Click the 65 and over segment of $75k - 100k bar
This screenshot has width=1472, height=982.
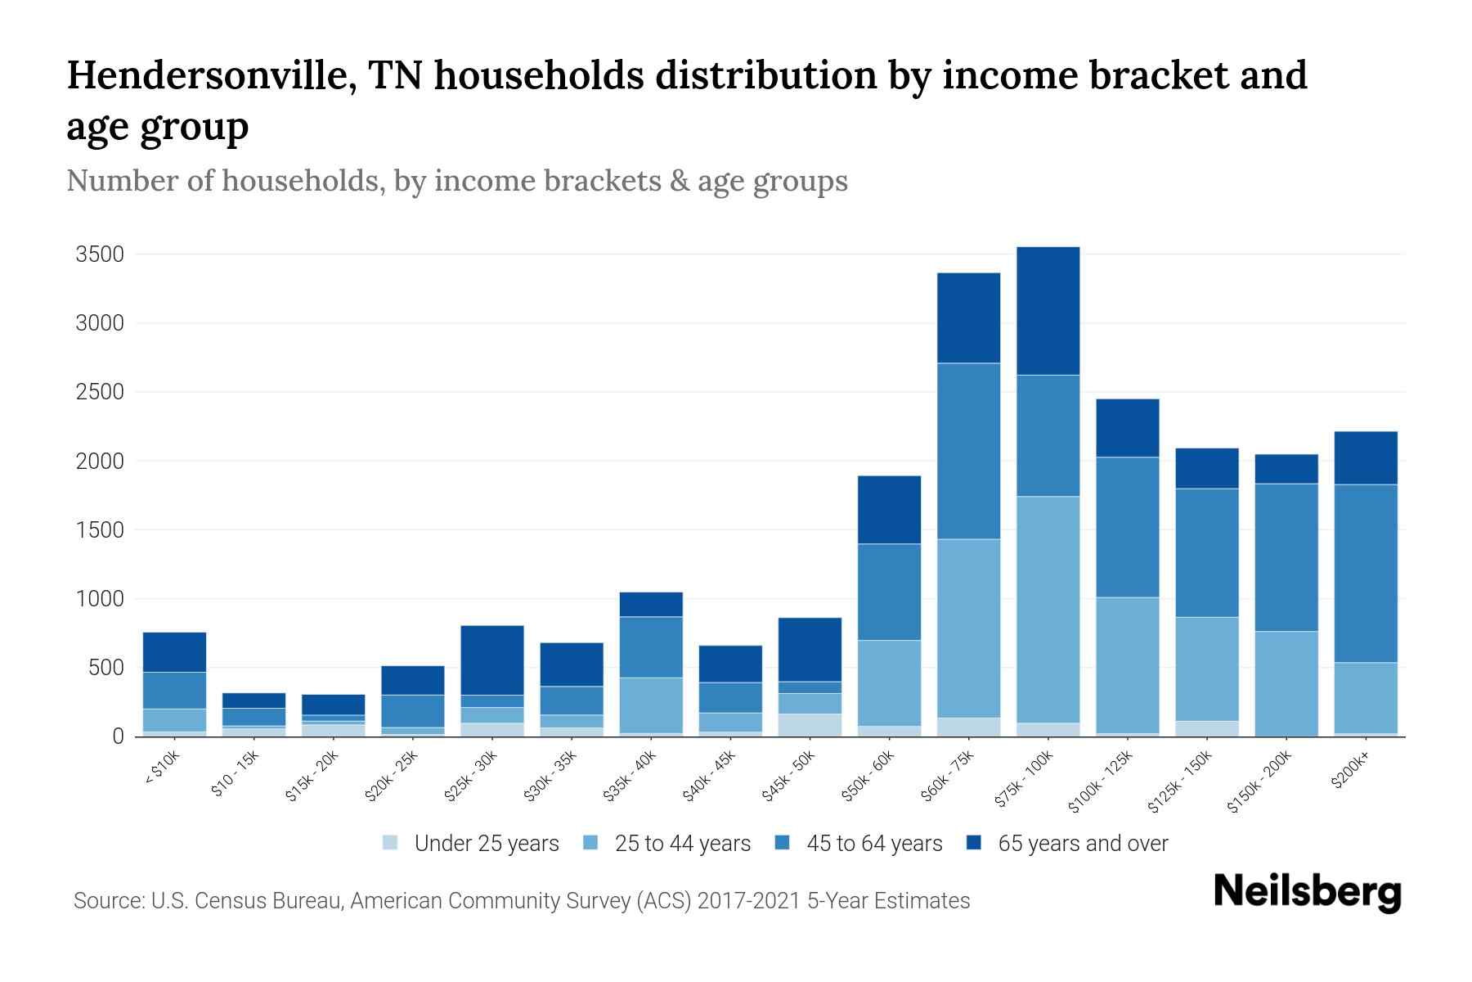tap(1048, 311)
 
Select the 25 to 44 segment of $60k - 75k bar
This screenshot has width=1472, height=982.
tap(968, 628)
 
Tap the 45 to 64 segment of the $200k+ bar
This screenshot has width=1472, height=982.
tap(1366, 573)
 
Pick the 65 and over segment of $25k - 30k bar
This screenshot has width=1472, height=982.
tap(492, 660)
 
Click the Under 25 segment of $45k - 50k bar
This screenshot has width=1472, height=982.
tap(810, 725)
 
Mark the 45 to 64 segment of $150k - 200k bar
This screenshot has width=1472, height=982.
tap(1286, 557)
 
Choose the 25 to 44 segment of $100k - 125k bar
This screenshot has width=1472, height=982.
tap(1127, 664)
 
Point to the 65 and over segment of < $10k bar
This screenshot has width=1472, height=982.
tap(174, 651)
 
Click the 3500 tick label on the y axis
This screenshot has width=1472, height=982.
tap(100, 255)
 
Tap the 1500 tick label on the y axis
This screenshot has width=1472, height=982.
tap(100, 530)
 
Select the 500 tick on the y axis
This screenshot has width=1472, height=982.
tap(106, 668)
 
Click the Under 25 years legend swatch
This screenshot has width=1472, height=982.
tap(391, 842)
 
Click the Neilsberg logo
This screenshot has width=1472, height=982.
tap(1307, 892)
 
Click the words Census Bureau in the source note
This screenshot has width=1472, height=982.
tap(280, 901)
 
